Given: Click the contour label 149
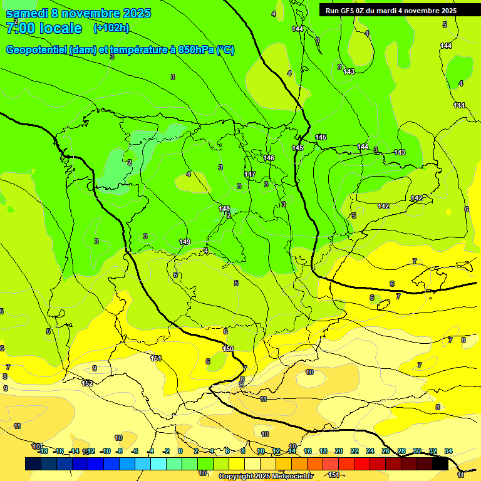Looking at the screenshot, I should coord(185,242).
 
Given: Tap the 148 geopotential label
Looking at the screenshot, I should coord(224,209).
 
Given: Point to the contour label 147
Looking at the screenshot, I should coord(250,174).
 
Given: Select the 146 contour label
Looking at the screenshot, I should coord(269,158).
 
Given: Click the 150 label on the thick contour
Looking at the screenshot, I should coord(228,349).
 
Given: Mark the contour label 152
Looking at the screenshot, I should coord(87,383).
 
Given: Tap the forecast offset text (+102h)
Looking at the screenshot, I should coord(111,28).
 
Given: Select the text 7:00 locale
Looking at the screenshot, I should coord(44,28).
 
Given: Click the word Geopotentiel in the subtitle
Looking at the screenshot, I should coord(36,50).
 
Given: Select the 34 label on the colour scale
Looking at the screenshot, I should coord(448,451).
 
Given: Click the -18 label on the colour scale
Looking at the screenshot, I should coord(42,451).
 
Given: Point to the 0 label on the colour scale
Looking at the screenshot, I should coord(180,451).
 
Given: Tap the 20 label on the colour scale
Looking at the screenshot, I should coord(339,451).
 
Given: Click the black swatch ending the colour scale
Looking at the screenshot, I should coord(440,463).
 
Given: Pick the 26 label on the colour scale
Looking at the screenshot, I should coord(386,451).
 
